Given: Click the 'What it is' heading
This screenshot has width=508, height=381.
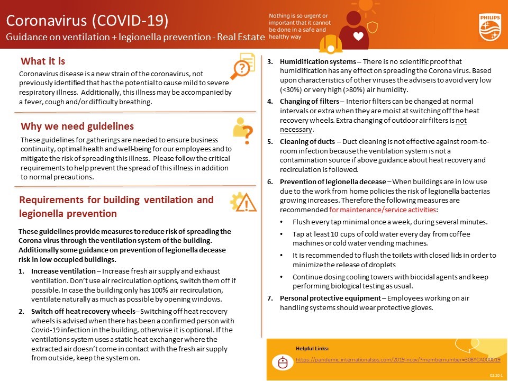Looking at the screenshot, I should tap(43, 61).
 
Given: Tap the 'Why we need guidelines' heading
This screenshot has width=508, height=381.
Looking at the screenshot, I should tap(77, 126).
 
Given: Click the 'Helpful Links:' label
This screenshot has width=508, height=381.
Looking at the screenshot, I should tap(312, 348).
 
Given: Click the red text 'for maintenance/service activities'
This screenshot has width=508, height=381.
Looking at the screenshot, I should tap(383, 210).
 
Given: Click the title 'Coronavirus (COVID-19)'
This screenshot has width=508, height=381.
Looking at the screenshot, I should tap(87, 21).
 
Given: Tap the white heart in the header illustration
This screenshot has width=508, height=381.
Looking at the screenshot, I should tap(358, 37).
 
